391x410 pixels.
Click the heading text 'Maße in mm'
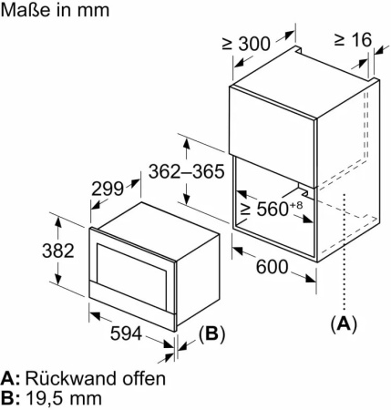(x=55, y=10)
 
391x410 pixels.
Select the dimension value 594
(x=126, y=333)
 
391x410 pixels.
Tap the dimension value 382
(x=58, y=251)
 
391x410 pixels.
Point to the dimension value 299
(x=108, y=189)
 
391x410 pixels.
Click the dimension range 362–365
(x=187, y=171)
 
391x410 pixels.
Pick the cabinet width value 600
(x=272, y=267)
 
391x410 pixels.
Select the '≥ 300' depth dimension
(x=246, y=44)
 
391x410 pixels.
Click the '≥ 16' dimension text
(x=353, y=39)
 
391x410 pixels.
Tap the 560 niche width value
(x=273, y=209)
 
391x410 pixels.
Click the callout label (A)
(x=344, y=323)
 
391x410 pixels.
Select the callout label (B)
(x=211, y=333)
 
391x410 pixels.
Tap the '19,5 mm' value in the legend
(x=64, y=398)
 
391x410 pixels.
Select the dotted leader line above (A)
(x=345, y=251)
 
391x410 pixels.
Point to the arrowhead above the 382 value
(x=58, y=222)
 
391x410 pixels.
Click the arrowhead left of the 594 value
(x=95, y=315)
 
